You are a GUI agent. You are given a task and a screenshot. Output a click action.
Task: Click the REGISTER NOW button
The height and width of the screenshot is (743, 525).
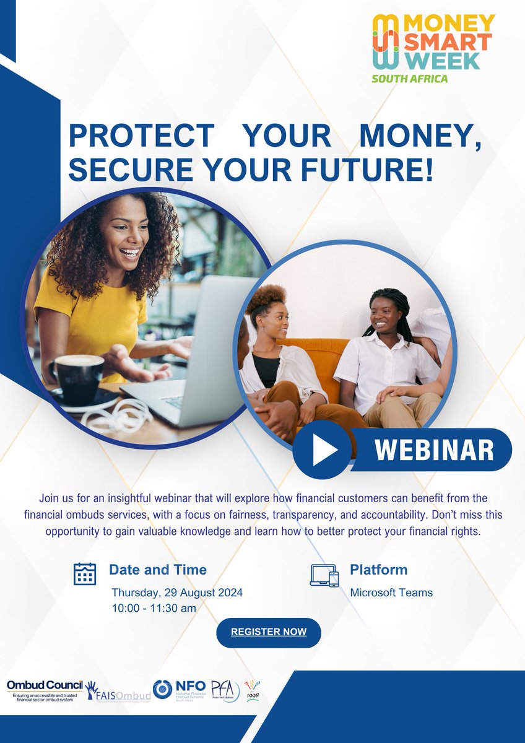coord(268,632)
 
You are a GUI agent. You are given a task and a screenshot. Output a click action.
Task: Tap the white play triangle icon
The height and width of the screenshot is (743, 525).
coord(323,450)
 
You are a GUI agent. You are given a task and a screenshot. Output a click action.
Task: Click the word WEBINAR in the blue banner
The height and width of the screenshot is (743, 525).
coord(434,450)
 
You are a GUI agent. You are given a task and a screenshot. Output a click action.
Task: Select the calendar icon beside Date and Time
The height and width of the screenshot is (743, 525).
coord(85,574)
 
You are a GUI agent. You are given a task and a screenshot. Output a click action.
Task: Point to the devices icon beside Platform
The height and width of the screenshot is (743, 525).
coord(324,575)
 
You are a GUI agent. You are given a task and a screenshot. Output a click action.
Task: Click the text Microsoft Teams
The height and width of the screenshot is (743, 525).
coord(391,593)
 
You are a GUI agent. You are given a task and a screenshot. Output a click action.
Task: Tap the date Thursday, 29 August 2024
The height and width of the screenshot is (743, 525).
coord(177,593)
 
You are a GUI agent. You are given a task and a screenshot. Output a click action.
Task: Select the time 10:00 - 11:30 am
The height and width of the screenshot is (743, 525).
coord(154,609)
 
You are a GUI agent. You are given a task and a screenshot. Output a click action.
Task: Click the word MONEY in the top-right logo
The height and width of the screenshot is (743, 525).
coord(449,24)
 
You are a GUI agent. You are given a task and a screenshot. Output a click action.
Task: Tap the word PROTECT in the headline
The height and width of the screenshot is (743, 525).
coord(140,136)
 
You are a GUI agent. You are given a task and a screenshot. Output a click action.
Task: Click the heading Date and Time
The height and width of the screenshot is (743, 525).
coord(158,570)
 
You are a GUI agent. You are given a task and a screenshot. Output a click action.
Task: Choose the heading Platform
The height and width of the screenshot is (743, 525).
coord(379,570)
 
